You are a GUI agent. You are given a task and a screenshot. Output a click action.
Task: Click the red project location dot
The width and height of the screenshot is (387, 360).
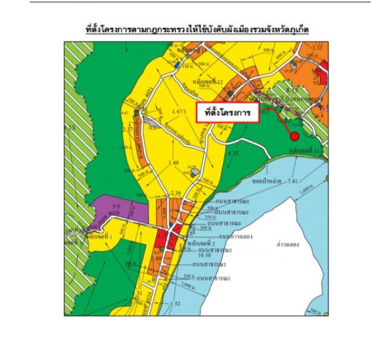(294, 136)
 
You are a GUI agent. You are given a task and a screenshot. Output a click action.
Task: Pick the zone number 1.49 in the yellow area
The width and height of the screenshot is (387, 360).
(175, 163)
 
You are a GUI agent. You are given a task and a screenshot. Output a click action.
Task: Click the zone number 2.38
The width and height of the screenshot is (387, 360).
(177, 193)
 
